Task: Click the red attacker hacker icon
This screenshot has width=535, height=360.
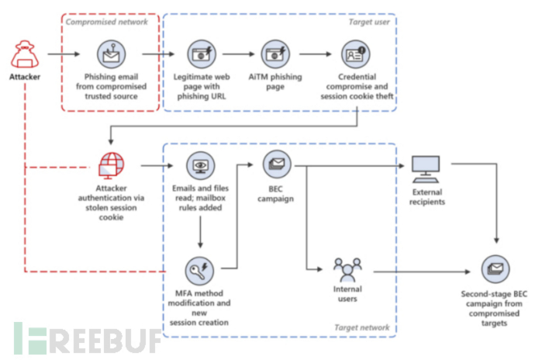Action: (x=24, y=55)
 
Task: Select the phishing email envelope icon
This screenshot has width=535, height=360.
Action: (x=110, y=54)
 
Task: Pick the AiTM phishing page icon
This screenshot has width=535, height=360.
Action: (x=275, y=54)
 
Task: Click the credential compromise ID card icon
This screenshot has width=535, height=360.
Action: (x=357, y=54)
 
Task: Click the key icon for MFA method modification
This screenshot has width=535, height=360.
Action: (x=200, y=271)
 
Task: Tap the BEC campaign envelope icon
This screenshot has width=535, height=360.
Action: (x=275, y=164)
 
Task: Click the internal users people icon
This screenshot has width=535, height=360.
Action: (x=347, y=271)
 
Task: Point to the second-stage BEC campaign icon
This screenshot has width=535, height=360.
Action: (x=495, y=271)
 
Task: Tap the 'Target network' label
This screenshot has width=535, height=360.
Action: (x=362, y=328)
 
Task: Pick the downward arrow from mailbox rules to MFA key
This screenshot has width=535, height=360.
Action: (x=200, y=233)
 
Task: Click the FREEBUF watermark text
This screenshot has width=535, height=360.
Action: (x=85, y=338)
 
